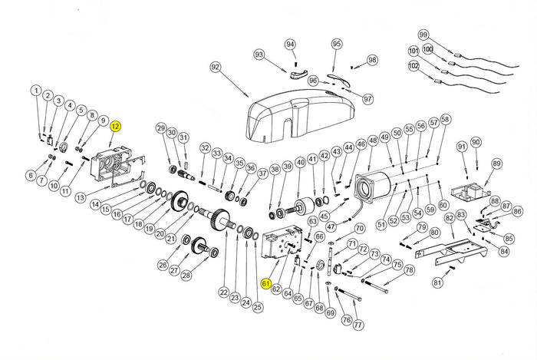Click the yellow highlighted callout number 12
click(116, 126)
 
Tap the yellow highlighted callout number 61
click(265, 283)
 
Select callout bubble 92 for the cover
click(216, 68)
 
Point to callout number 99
click(423, 35)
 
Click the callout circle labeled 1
click(36, 91)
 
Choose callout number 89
click(496, 163)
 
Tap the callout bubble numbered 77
click(357, 325)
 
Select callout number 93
click(259, 54)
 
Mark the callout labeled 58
click(446, 120)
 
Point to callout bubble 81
click(437, 282)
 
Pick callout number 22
click(223, 292)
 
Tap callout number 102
click(413, 66)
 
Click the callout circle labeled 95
click(336, 45)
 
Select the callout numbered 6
click(31, 176)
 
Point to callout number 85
click(509, 239)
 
